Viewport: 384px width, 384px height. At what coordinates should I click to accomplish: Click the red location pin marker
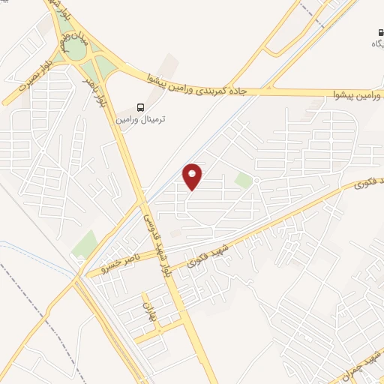(193, 175)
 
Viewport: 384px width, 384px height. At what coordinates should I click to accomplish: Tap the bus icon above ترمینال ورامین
(141, 107)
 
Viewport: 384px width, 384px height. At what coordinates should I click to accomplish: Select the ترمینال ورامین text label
(141, 119)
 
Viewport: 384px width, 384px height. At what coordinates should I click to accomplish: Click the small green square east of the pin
(243, 181)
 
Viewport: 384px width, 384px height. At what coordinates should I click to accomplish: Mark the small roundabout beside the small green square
(256, 181)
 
